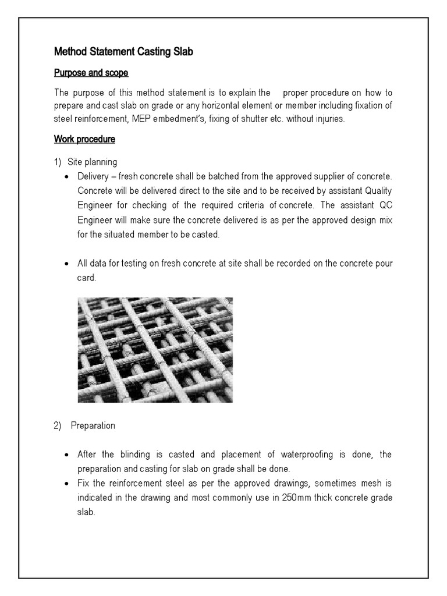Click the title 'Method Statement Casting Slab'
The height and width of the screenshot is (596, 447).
tap(123, 52)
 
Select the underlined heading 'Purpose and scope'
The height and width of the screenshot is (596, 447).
tap(91, 73)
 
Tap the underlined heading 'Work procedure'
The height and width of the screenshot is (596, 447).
tap(84, 139)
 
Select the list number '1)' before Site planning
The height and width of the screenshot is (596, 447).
tap(58, 161)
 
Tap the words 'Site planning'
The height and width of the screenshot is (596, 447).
tap(92, 161)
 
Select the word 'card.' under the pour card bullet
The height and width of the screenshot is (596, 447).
tap(87, 278)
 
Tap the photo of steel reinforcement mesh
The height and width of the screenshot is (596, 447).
tap(155, 349)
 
